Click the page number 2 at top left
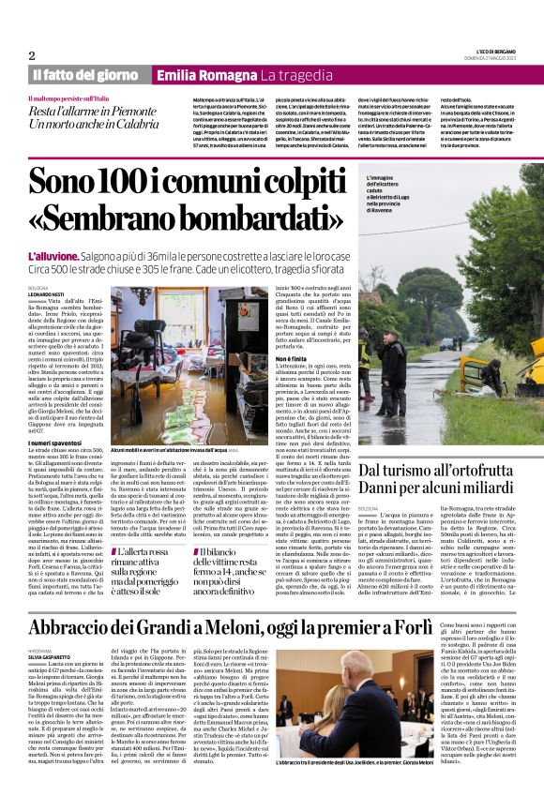click(x=32, y=55)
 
